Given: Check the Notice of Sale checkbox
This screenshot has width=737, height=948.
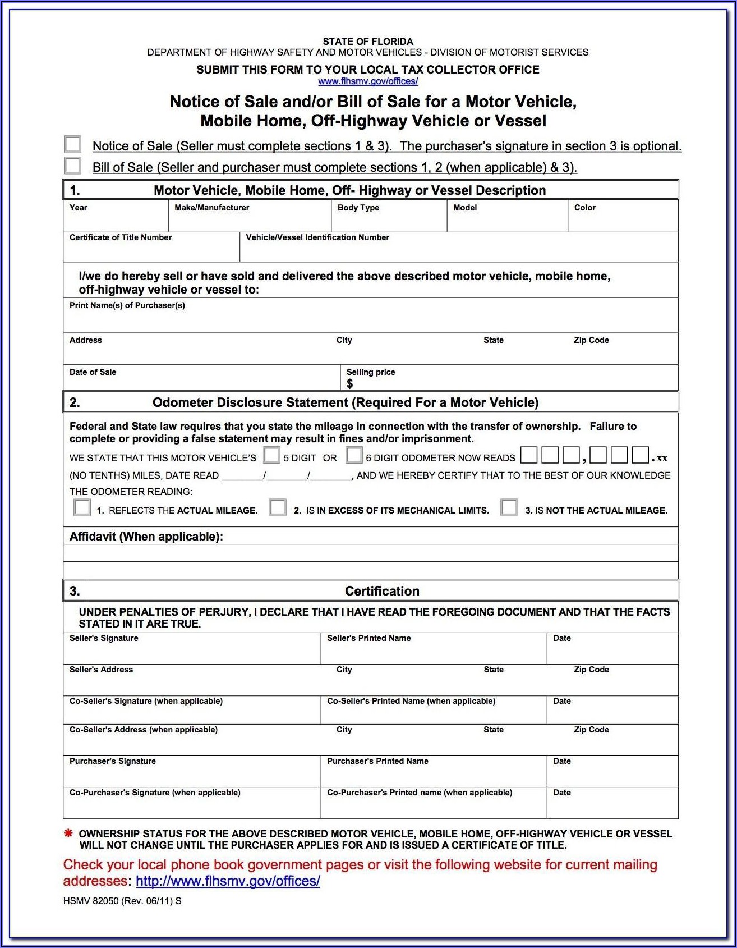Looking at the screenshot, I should click(x=73, y=144).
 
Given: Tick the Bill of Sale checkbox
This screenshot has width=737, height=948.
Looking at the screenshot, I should click(x=73, y=166).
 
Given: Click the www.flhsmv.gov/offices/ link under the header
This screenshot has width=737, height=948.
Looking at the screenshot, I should click(x=368, y=81).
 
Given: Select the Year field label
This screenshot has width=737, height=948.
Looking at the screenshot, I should click(x=79, y=208).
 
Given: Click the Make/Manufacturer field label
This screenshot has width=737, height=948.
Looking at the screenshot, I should click(x=211, y=208).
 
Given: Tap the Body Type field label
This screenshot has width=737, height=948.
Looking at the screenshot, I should click(x=358, y=208).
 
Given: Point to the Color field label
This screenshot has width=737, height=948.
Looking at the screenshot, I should click(x=584, y=208).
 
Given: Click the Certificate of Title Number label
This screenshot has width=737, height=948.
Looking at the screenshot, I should click(x=121, y=237).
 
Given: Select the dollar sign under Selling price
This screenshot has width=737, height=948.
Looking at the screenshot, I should click(x=350, y=384).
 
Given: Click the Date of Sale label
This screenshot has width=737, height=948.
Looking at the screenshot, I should click(x=93, y=372).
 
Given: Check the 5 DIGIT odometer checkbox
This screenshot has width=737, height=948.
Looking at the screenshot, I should click(x=272, y=455).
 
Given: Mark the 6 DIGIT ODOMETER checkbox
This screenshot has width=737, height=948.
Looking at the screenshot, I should click(x=354, y=455).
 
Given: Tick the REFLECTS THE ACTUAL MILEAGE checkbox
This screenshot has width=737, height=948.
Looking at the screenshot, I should click(x=82, y=507).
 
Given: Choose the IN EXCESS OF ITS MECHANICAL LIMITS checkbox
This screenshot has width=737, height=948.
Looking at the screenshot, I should click(x=278, y=507).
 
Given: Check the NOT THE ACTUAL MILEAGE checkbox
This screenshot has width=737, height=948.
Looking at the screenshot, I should click(x=509, y=507).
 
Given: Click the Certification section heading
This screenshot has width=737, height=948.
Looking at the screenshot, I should click(x=382, y=591).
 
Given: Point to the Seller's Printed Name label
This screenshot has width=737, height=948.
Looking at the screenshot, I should click(x=368, y=638).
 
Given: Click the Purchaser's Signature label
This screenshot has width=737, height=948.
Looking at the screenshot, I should click(x=112, y=761).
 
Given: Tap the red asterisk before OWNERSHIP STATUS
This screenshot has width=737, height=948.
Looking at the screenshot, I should click(x=68, y=833).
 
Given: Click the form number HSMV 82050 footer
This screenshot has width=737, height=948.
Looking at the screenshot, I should click(x=122, y=901).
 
